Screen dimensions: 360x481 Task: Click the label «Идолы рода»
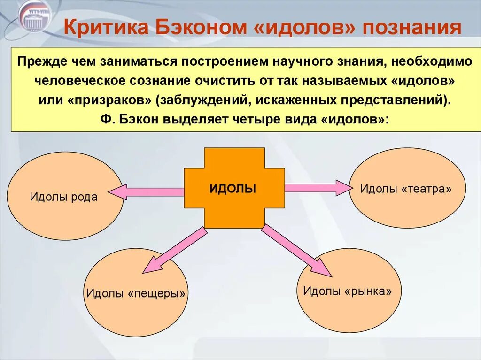(x=64, y=197)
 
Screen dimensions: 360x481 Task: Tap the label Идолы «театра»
(x=406, y=189)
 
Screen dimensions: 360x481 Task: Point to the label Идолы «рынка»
(x=347, y=291)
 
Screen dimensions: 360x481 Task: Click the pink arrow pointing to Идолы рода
(x=146, y=191)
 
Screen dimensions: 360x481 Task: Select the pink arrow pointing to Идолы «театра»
(x=318, y=188)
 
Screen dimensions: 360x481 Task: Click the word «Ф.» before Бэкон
(x=106, y=119)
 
